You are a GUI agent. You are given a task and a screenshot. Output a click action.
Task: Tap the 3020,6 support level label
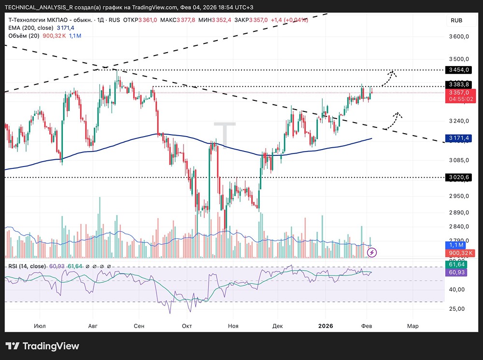458,177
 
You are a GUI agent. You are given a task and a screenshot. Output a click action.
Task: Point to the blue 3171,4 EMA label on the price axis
458,138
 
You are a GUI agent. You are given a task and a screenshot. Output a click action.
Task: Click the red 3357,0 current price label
459,92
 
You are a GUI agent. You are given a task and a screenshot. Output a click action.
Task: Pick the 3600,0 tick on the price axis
459,37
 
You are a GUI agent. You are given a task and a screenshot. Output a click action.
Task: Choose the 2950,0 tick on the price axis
459,196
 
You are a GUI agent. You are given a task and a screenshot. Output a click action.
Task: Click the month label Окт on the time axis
187,326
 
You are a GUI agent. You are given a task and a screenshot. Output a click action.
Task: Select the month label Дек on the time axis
277,326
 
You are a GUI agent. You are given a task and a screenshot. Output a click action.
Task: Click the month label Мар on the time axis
412,326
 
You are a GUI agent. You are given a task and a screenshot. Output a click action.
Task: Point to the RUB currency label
456,20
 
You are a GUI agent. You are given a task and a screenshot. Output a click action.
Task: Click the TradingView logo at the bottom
42,346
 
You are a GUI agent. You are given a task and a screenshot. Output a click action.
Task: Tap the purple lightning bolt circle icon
372,252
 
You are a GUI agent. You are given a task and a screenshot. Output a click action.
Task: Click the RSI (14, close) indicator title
27,266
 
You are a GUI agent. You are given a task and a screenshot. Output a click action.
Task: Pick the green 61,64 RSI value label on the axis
457,264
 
